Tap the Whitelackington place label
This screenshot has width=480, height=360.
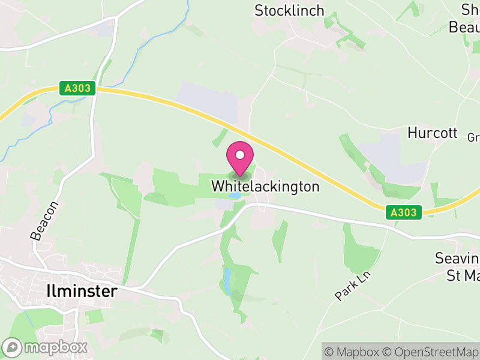[x=265, y=187]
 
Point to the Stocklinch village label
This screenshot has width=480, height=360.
[x=289, y=11]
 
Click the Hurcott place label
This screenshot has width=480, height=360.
[x=432, y=133]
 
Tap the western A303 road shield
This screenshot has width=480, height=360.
[x=78, y=88]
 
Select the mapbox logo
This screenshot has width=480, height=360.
[x=46, y=347]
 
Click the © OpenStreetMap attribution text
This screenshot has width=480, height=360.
[x=433, y=351]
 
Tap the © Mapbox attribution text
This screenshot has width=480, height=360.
[x=353, y=351]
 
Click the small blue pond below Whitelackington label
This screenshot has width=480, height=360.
[x=236, y=196]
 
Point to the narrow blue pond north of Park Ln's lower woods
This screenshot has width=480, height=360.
[x=227, y=277]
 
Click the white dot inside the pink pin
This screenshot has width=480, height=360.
[x=240, y=155]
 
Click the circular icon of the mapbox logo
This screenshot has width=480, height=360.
[x=11, y=347]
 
